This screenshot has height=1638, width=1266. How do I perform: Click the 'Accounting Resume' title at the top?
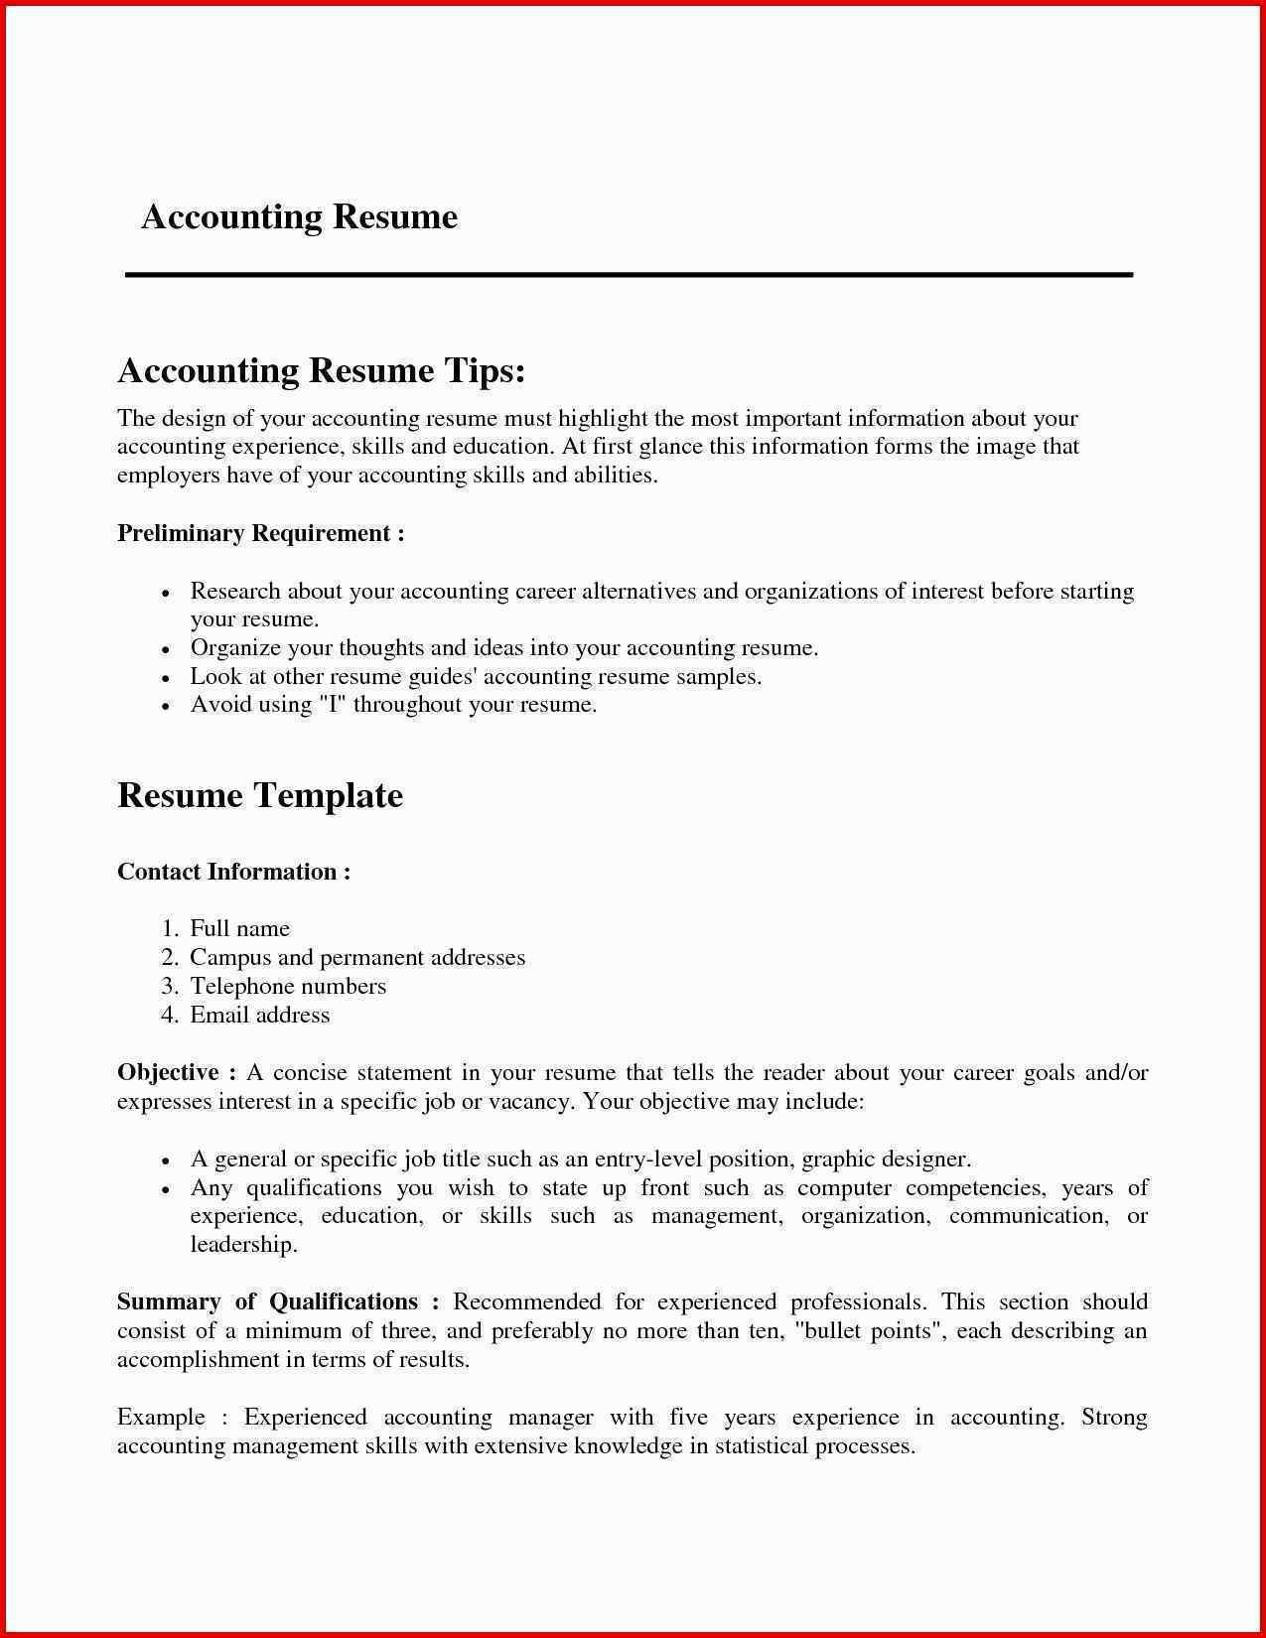299,216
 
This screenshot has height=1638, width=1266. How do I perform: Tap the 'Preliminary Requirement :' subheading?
260,533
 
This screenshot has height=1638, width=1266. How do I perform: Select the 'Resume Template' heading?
260,795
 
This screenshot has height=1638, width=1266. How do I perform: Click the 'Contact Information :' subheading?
233,872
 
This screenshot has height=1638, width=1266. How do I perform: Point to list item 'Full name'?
239,928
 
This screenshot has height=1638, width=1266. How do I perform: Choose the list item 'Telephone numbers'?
288,986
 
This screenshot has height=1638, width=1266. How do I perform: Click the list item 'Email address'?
259,1015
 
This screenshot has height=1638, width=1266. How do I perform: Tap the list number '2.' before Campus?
169,957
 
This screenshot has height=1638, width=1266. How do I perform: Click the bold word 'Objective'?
168,1072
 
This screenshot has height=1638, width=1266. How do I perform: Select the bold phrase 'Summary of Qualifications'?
267,1301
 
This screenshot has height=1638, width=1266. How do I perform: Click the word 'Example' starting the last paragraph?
161,1417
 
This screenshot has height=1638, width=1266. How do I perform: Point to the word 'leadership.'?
243,1244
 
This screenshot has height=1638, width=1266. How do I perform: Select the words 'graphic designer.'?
886,1159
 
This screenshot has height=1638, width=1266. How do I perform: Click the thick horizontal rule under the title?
629,274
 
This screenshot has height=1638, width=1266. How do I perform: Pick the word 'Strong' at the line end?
1114,1417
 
